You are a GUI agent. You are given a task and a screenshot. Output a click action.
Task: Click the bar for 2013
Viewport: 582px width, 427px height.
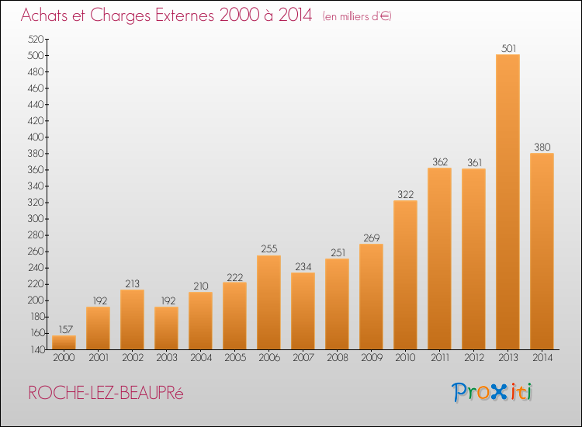point(508,202)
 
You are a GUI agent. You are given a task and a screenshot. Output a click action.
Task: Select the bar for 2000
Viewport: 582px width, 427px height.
point(64,342)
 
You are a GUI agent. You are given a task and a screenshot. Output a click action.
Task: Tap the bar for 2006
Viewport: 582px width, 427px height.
point(268,302)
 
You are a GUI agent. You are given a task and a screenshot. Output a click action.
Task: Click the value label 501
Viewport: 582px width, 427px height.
point(508,48)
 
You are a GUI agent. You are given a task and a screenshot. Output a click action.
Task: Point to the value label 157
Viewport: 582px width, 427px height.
point(64,329)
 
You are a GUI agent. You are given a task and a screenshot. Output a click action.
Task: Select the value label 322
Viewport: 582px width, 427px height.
point(405,194)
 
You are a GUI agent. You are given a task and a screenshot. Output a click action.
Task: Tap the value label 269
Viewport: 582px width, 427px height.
point(371,238)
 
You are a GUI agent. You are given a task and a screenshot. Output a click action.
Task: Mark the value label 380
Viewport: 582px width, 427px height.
point(542,147)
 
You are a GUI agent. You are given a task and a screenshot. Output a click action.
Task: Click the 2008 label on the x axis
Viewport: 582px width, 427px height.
point(337,357)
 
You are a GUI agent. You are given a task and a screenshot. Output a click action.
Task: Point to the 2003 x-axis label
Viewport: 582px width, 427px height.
point(166,357)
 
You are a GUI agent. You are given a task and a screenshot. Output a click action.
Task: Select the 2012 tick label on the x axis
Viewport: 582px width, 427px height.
point(473,357)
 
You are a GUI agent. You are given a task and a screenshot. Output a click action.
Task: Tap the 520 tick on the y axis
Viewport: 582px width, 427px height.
point(34,39)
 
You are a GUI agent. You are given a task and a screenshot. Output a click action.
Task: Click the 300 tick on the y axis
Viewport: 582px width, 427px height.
point(34,219)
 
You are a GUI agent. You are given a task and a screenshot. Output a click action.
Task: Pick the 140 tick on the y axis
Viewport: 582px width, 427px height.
point(34,350)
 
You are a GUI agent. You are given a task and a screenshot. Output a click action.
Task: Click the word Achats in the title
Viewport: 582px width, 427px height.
point(46,16)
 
